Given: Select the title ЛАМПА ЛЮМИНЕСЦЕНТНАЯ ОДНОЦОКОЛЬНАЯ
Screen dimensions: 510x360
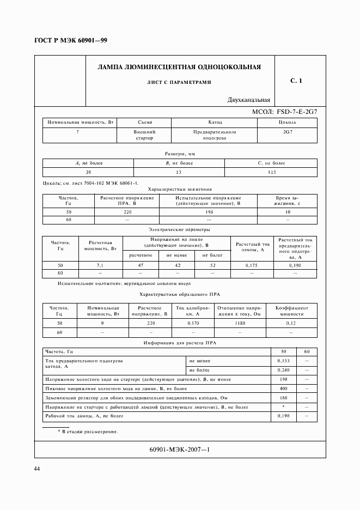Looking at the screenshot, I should point(179,68).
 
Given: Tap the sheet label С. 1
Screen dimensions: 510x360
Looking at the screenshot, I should point(296,81).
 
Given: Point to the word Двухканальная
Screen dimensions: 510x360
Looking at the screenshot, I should point(249,100).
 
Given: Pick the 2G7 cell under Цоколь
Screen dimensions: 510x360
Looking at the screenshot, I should point(287,132).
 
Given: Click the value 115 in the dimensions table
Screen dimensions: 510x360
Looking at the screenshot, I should point(272,172).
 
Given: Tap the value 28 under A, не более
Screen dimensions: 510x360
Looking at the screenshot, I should point(88,172).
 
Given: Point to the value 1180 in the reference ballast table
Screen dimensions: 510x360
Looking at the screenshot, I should point(239,323).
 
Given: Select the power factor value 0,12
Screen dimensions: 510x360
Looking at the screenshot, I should point(291,323).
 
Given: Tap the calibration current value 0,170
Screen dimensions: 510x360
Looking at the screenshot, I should point(193,323).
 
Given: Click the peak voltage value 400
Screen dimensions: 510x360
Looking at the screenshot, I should point(283,388).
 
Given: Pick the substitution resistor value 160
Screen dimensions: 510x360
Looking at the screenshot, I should point(283,398).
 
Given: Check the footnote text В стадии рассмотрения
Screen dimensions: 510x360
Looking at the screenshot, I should point(89,431).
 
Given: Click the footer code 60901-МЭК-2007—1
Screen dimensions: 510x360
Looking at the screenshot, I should point(179,450).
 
